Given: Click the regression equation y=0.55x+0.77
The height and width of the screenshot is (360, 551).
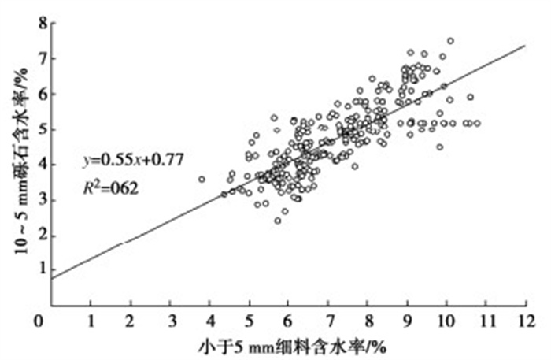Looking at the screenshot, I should [x=131, y=160].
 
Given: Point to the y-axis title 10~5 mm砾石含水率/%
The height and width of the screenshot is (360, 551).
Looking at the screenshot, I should [x=17, y=162].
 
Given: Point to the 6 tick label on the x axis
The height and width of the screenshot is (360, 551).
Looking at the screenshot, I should [x=288, y=321].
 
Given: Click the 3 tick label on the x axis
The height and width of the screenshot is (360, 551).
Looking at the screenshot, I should [x=169, y=321].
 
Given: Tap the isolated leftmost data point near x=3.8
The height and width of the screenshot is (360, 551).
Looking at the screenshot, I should [x=202, y=180].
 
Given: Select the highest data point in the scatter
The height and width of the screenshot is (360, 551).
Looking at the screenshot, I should [x=450, y=41].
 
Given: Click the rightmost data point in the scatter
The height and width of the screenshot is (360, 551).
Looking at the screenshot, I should [x=477, y=123].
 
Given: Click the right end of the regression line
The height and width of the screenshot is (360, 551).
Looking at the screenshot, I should [x=525, y=45].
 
